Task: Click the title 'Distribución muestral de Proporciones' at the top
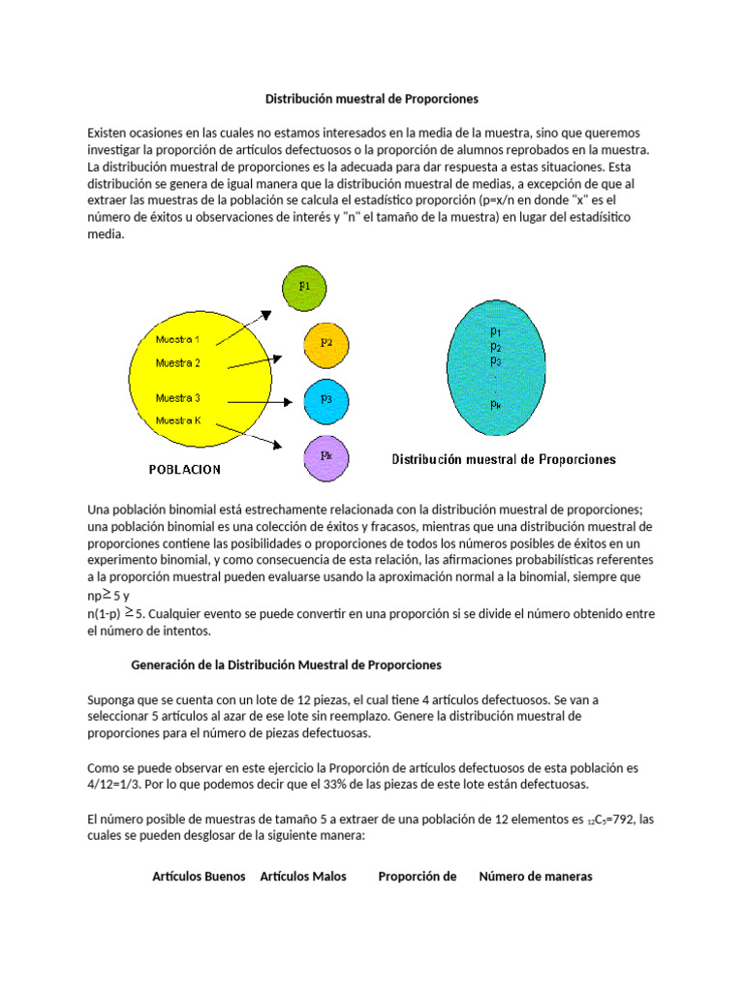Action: [372, 100]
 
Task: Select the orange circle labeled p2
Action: [327, 343]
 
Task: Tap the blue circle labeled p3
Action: [327, 398]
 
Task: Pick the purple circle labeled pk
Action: [326, 453]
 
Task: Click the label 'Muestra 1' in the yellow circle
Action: [178, 340]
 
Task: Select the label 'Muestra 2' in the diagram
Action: [178, 363]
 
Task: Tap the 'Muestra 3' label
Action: [178, 397]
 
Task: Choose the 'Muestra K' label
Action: [178, 420]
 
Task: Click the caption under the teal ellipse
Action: [503, 459]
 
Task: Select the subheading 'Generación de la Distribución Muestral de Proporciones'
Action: [286, 665]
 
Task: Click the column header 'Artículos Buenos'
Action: [199, 877]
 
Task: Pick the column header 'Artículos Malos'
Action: [303, 877]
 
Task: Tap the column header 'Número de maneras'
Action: [536, 877]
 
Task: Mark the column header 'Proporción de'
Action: [417, 877]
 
